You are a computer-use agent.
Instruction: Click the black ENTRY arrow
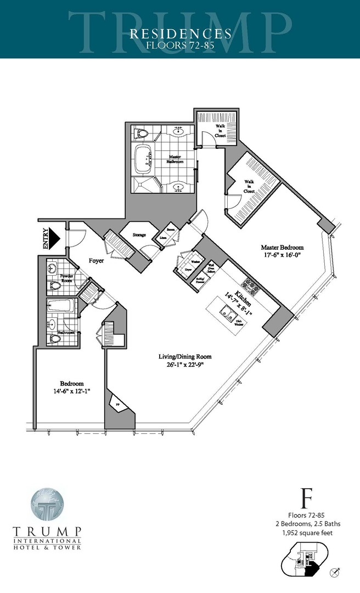(x=52, y=239)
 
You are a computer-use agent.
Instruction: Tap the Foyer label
(x=97, y=261)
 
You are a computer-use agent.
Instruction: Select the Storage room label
(x=139, y=235)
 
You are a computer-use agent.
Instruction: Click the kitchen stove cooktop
(x=252, y=287)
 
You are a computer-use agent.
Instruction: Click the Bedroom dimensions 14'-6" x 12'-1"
(x=72, y=391)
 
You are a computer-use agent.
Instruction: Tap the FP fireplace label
(x=116, y=404)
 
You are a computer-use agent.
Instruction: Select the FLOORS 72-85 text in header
(x=180, y=45)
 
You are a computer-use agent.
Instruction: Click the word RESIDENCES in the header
(x=180, y=33)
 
